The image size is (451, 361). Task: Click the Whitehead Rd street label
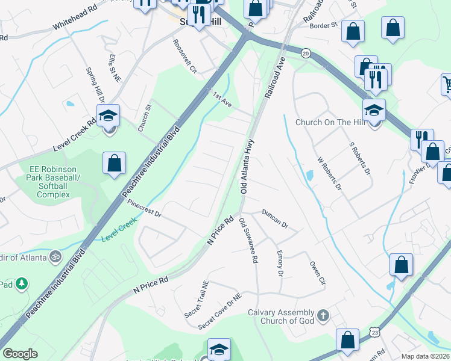[x=75, y=23]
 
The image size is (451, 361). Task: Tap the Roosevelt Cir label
[x=185, y=57]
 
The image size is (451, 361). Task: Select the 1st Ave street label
[x=222, y=99]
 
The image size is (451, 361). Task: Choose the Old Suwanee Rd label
[x=248, y=241]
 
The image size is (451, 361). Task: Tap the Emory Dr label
[x=279, y=264]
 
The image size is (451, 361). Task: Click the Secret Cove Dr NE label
[x=221, y=312]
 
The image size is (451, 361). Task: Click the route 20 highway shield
[x=306, y=53]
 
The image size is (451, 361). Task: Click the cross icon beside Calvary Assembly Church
[x=323, y=315]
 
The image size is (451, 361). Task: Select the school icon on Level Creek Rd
[x=109, y=116]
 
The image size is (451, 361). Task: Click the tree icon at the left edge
[x=22, y=283]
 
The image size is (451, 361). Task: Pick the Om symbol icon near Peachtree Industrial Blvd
[x=55, y=257]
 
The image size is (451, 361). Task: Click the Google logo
[x=20, y=353]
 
